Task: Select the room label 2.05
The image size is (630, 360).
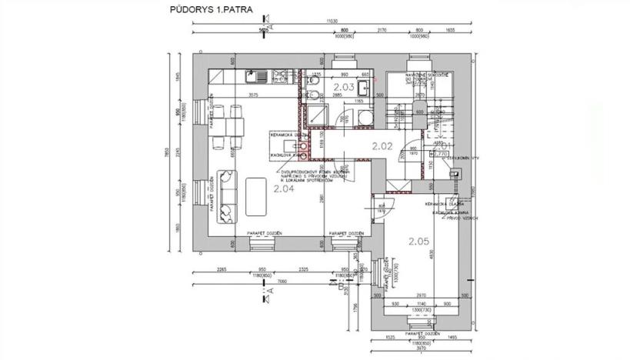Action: (418, 241)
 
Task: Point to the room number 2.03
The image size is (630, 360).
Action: (344, 88)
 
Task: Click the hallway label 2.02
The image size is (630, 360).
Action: (382, 145)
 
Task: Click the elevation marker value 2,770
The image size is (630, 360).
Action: (441, 154)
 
